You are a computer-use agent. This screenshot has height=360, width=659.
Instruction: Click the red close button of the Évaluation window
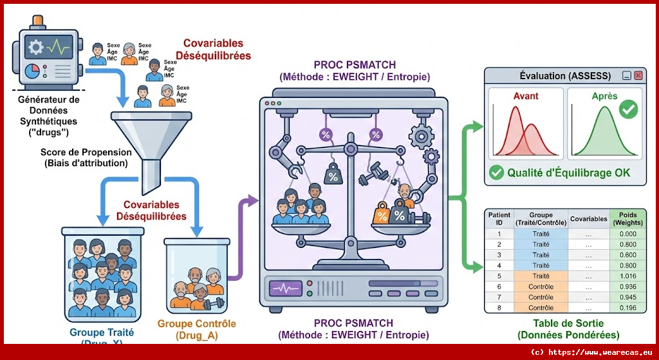click(x=638, y=75)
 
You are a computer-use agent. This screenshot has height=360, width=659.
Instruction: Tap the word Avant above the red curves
click(x=525, y=96)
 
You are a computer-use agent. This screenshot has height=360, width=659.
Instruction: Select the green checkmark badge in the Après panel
click(x=627, y=109)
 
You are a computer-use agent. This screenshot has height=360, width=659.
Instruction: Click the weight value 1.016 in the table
click(x=627, y=276)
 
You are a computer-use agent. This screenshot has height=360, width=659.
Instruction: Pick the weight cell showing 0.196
click(x=627, y=307)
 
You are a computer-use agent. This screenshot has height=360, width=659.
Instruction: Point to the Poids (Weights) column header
click(x=627, y=219)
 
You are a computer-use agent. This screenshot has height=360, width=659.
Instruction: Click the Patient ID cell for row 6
click(x=499, y=286)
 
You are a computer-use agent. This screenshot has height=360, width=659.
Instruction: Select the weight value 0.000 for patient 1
click(x=627, y=234)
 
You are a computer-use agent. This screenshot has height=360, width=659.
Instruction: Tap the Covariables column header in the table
click(x=588, y=219)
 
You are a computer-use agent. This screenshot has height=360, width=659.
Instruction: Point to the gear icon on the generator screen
click(x=36, y=47)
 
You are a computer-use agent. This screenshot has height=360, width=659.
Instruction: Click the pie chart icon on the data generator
click(x=32, y=70)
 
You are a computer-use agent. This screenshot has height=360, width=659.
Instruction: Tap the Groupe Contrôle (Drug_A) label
click(x=196, y=329)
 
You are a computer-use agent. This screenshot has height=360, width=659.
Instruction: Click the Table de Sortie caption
click(x=568, y=329)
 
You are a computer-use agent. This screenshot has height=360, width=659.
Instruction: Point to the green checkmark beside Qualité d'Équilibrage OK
click(x=496, y=173)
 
